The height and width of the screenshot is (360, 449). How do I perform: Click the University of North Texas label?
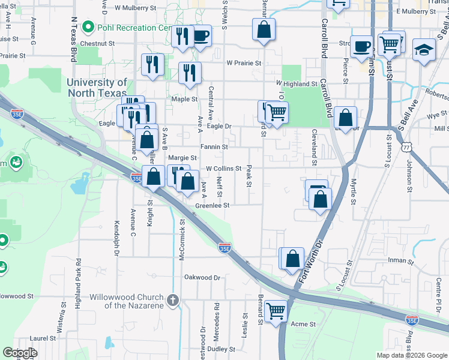pyautogui.click(x=97, y=88)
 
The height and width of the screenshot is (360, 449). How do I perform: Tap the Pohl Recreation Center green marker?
pyautogui.click(x=88, y=27)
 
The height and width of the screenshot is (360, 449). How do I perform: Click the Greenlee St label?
pyautogui.click(x=212, y=205)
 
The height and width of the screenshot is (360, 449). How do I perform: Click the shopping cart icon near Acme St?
pyautogui.click(x=276, y=311)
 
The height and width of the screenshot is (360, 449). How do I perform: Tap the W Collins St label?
pyautogui.click(x=223, y=169)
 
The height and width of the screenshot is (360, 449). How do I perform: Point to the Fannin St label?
pyautogui.click(x=214, y=146)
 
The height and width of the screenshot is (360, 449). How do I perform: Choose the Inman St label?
pyautogui.click(x=401, y=262)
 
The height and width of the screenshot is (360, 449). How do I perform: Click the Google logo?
pyautogui.click(x=20, y=353)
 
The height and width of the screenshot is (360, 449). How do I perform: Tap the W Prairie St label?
pyautogui.click(x=243, y=63)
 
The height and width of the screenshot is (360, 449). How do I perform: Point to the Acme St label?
pyautogui.click(x=303, y=324)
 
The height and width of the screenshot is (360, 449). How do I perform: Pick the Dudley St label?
pyautogui.click(x=221, y=349)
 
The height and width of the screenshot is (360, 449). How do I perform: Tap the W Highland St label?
pyautogui.click(x=296, y=85)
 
